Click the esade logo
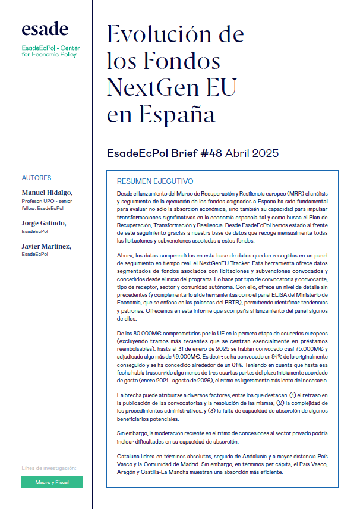45,29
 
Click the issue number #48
209,153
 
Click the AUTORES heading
36,178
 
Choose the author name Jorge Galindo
43,223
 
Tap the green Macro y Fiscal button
52,482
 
